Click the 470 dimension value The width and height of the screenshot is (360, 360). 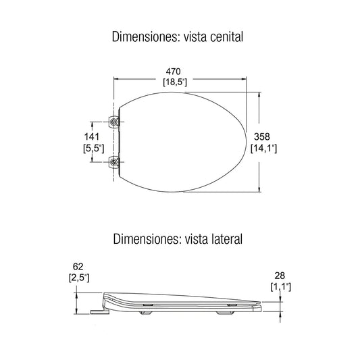(x=173, y=72)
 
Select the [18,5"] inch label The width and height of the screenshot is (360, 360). (x=175, y=82)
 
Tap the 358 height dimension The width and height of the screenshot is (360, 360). (x=262, y=137)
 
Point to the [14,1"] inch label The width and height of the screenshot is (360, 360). (x=264, y=149)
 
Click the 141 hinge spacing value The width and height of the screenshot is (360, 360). (x=92, y=137)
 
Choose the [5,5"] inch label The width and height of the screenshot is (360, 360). (x=94, y=149)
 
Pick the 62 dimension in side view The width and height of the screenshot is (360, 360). (x=78, y=267)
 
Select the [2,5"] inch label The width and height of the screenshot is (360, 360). (x=79, y=278)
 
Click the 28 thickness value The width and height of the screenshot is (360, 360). (x=280, y=276)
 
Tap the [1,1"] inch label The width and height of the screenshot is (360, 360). (x=280, y=287)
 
